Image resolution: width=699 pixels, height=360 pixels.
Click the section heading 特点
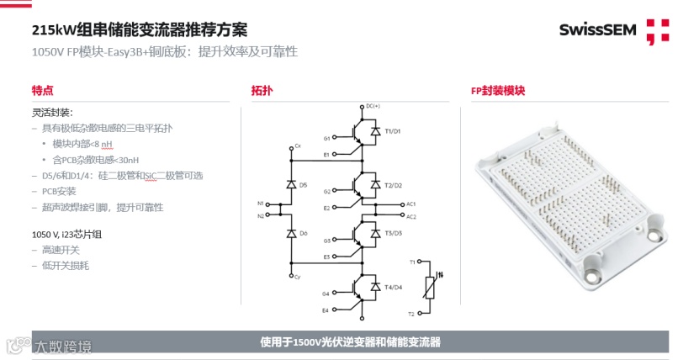(x=43, y=91)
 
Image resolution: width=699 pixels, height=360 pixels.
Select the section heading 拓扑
(x=262, y=91)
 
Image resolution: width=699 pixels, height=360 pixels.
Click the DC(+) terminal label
(x=373, y=106)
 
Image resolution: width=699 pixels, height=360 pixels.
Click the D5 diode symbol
(x=290, y=183)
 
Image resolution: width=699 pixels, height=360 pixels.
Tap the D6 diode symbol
(x=290, y=233)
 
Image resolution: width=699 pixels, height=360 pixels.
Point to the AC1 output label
(x=410, y=204)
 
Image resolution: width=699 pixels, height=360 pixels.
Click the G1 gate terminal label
(x=326, y=138)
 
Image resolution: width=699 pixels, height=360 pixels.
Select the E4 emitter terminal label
(x=326, y=310)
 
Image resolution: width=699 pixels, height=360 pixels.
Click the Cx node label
(x=297, y=146)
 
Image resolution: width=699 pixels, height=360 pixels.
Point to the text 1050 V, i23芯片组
(x=66, y=235)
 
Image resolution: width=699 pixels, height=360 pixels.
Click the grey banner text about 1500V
(x=351, y=342)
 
